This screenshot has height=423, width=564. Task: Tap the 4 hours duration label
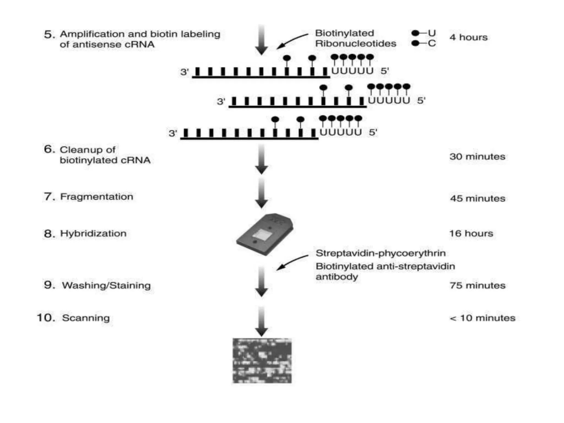click(468, 37)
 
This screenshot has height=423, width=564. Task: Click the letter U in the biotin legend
click(432, 33)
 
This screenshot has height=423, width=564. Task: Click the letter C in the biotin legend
click(432, 43)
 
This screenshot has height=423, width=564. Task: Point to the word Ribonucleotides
click(355, 44)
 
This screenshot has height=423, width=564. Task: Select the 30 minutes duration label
click(477, 157)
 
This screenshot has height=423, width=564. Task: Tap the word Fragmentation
click(96, 197)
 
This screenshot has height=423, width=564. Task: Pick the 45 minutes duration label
click(478, 199)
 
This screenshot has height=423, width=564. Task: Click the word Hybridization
click(93, 234)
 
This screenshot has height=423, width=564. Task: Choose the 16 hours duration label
click(471, 234)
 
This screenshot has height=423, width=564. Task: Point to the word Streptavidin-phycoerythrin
click(380, 253)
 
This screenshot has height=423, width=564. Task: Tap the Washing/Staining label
click(106, 285)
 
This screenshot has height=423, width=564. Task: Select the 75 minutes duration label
click(477, 286)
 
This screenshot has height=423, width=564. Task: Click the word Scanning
click(86, 318)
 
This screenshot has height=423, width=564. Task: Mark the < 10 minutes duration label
click(482, 318)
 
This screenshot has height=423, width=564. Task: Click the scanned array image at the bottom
click(262, 360)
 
